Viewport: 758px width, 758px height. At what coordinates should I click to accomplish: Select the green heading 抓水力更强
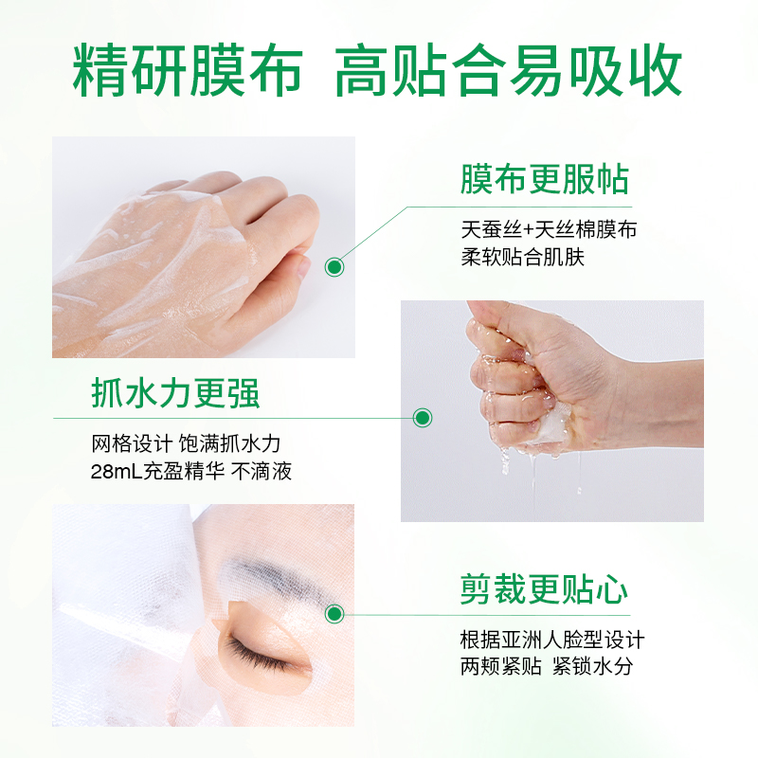tap(175, 392)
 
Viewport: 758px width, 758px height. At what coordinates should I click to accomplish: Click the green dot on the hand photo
tap(334, 267)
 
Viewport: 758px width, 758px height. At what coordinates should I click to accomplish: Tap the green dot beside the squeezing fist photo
tap(423, 417)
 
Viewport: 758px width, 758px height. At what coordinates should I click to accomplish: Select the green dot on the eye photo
tap(334, 614)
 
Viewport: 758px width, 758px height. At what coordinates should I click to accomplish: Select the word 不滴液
tap(264, 471)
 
